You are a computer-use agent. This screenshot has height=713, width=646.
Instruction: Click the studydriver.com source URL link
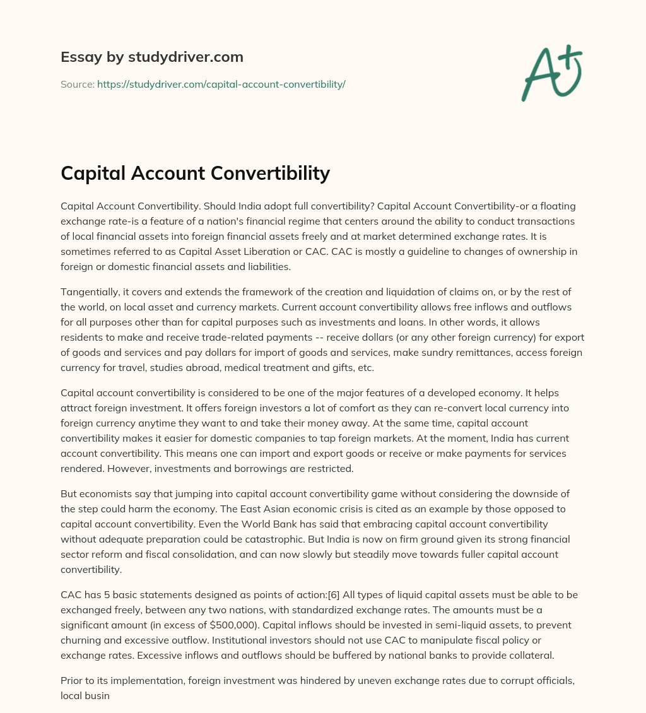point(221,84)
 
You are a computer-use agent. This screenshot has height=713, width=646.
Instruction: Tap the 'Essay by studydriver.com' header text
point(152,57)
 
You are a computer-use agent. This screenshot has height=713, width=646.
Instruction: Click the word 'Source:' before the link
point(78,84)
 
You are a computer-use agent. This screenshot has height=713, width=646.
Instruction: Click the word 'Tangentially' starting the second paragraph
point(89,291)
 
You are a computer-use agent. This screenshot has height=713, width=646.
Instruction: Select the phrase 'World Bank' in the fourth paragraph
point(247,524)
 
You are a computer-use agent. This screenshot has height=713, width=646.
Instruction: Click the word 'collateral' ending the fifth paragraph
point(529,655)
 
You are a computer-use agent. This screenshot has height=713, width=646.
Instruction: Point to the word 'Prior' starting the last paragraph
point(71,680)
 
